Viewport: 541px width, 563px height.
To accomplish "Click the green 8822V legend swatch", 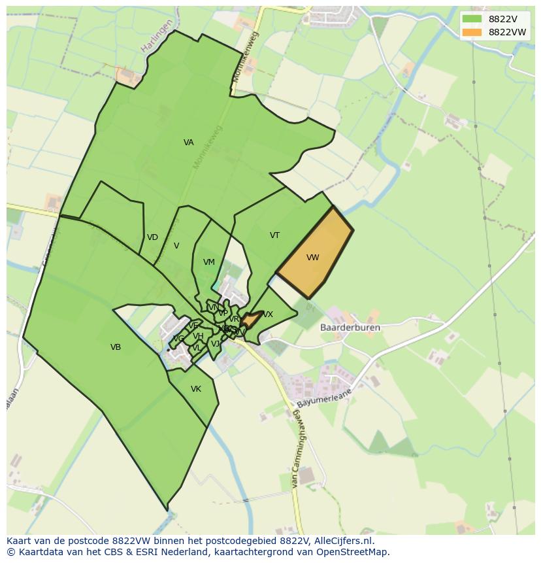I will tap(471, 18).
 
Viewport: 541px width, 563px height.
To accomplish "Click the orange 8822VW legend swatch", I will tap(471, 32).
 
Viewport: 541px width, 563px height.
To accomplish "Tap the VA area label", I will tap(188, 143).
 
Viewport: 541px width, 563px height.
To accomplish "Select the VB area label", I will tap(116, 347).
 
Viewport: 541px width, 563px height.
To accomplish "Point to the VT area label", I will tap(274, 235).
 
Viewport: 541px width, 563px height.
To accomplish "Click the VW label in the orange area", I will tap(313, 258).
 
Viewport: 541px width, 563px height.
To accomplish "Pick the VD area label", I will tap(152, 237).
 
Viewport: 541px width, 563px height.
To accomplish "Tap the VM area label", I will tap(208, 262).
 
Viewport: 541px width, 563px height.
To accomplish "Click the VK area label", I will tap(195, 389).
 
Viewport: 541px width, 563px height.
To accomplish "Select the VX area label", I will tap(268, 315).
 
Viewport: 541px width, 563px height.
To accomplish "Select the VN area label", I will tap(212, 307).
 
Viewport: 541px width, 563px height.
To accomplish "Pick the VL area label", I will tap(197, 348).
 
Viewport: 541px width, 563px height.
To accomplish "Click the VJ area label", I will tap(215, 344).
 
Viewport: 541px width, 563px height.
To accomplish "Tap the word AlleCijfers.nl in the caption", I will tap(340, 541).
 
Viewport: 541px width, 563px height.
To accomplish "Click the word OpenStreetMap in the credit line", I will tap(357, 552).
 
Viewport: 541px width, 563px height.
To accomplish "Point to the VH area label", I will tap(198, 336).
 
